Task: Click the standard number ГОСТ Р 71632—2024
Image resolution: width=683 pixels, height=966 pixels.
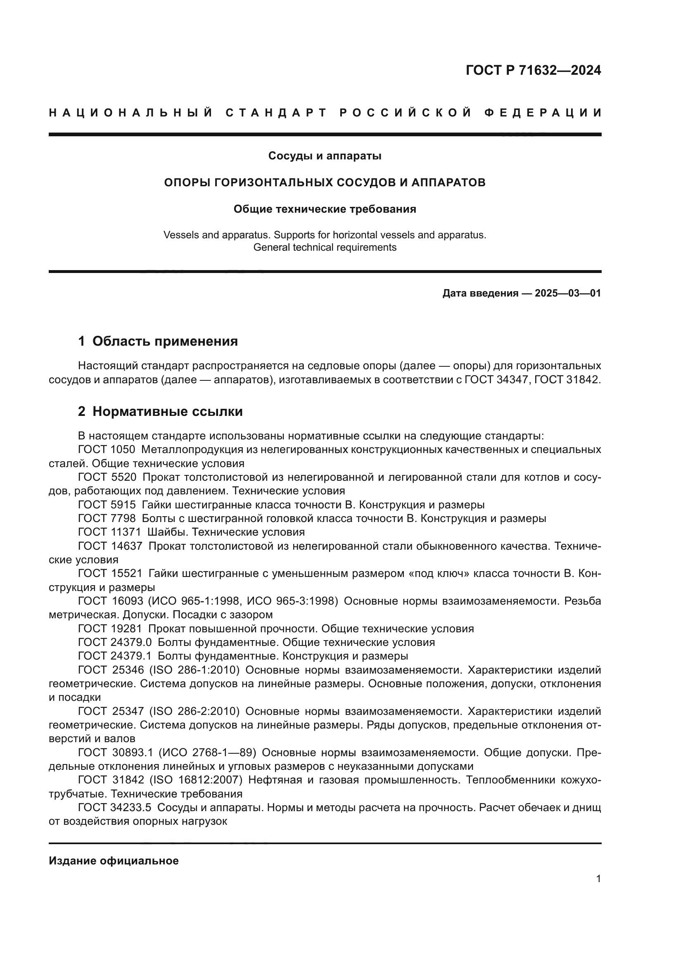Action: [x=533, y=70]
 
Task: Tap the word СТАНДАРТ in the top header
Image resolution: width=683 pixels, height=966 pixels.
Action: [x=276, y=113]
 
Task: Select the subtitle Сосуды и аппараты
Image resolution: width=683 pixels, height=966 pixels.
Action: [x=325, y=156]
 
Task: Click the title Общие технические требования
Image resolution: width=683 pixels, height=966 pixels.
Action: [x=325, y=209]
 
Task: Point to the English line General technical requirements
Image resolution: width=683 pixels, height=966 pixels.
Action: [x=325, y=247]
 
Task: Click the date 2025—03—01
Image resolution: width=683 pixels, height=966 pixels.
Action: [x=568, y=293]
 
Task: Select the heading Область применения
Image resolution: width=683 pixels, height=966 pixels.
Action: [x=165, y=341]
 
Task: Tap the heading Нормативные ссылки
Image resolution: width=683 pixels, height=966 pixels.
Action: [x=167, y=411]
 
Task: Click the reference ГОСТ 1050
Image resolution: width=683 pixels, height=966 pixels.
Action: [x=107, y=449]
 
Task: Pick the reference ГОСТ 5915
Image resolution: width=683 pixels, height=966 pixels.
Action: [x=107, y=504]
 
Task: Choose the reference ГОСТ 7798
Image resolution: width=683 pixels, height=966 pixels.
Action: [x=107, y=518]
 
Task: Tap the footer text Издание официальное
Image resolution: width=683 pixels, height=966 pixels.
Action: [x=114, y=861]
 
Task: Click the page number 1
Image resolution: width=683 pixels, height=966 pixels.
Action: [x=598, y=878]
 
